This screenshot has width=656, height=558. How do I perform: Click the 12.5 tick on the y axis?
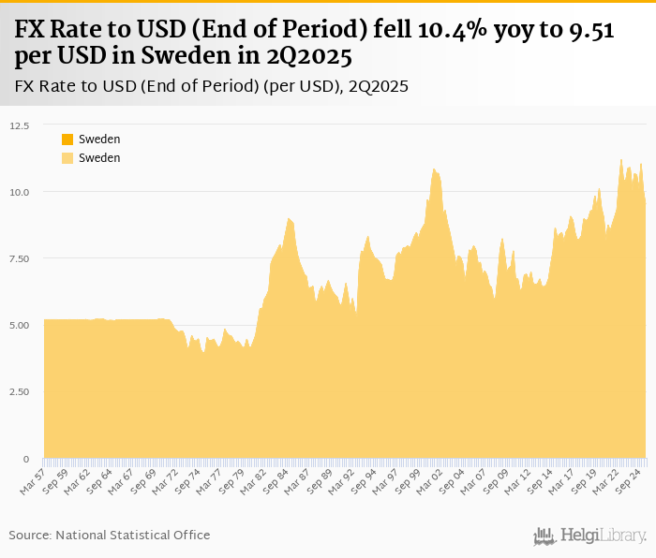click(19, 125)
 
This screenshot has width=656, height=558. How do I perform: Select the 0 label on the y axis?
click(26, 459)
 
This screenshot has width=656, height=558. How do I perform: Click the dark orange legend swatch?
click(67, 139)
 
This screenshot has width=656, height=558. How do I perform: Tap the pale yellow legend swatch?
click(67, 158)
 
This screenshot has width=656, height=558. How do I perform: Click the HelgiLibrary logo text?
click(604, 536)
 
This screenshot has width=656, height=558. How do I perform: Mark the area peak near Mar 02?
click(434, 169)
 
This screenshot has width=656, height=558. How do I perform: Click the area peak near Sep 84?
click(289, 218)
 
